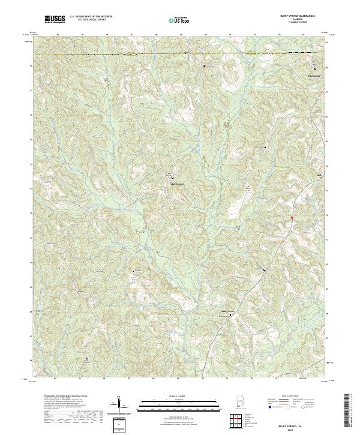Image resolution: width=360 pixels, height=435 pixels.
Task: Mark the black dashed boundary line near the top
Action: coord(180,55)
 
